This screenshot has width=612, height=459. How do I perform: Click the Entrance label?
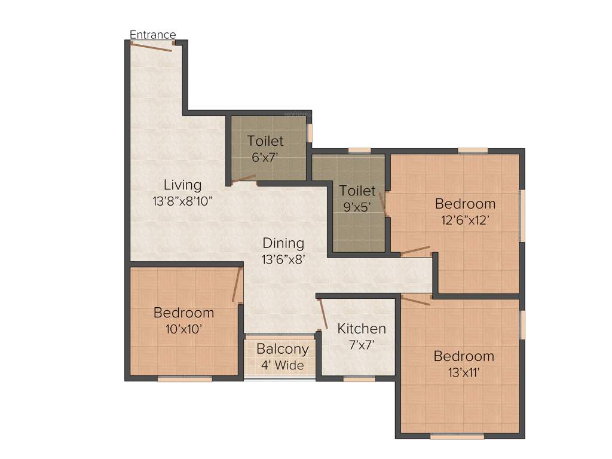tap(153, 35)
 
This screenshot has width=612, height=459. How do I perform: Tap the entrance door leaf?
tap(152, 47)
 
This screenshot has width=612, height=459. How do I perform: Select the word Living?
tap(183, 185)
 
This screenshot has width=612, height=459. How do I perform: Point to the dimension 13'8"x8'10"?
tap(183, 201)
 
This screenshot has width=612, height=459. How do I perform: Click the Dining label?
tap(283, 243)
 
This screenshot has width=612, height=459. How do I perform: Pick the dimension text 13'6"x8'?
tap(283, 259)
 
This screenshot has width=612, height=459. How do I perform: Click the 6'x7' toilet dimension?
tap(265, 158)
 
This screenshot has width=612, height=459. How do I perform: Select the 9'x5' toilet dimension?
tap(358, 208)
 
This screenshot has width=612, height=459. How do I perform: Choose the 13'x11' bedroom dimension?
tap(464, 372)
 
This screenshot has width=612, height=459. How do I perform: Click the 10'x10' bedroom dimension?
tap(183, 329)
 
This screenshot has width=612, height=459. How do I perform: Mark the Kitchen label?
tap(362, 328)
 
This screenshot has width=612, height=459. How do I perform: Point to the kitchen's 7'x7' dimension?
tap(362, 344)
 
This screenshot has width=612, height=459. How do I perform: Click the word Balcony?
tap(283, 349)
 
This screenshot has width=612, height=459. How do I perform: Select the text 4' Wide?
tap(283, 365)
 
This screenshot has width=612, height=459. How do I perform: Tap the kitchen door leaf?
tap(322, 314)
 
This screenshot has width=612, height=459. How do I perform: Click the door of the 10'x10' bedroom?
tap(237, 285)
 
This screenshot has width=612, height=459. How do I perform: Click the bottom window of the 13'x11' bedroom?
tap(457, 436)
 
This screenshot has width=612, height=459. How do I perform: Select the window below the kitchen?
tap(359, 378)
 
